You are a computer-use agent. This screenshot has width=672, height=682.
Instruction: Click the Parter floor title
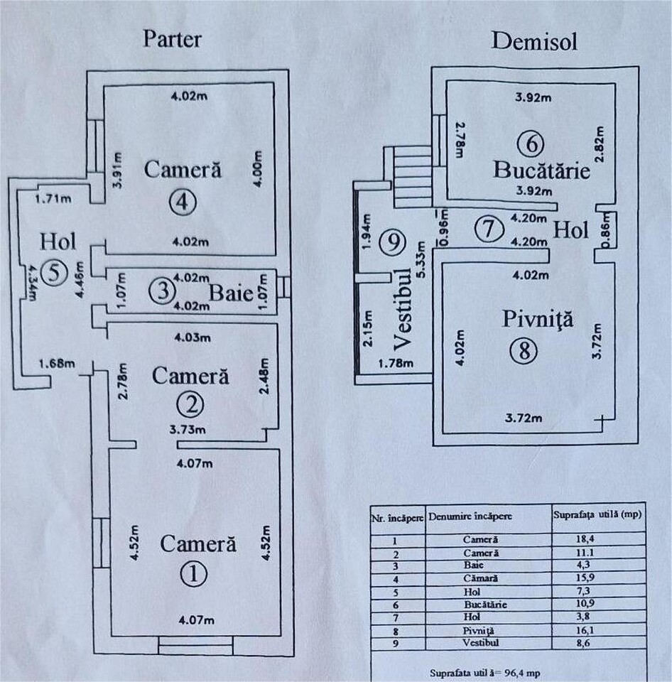click(x=172, y=38)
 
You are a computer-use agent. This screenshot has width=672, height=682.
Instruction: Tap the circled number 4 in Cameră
click(x=183, y=202)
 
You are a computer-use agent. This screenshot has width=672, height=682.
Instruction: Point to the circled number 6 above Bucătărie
click(x=533, y=144)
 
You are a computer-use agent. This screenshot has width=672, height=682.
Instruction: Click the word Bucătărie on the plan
click(x=542, y=170)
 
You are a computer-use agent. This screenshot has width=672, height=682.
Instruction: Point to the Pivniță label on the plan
click(x=528, y=319)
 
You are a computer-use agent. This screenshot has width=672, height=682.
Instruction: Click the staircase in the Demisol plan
click(x=411, y=175)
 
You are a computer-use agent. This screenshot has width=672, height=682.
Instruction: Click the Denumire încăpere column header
click(x=469, y=516)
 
